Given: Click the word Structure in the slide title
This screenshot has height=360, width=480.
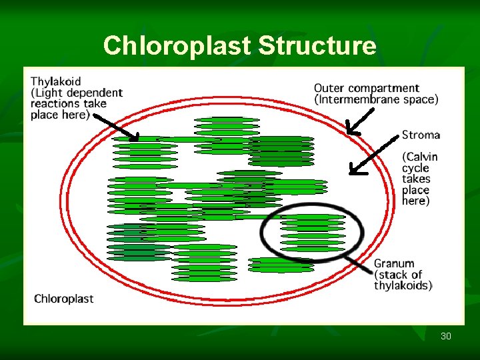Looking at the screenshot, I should tap(317, 46).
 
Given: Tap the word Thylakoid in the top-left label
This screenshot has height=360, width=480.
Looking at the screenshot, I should tap(56, 82).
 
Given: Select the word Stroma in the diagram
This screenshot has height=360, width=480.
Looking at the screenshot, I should tap(421, 135).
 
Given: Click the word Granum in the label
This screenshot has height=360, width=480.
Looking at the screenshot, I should tap(394, 263).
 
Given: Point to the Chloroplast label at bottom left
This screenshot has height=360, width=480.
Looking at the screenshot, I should tap(64, 299).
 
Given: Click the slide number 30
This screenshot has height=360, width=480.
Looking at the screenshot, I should tap(445, 336).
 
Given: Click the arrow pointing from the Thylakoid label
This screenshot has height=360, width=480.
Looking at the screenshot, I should tap(116, 127).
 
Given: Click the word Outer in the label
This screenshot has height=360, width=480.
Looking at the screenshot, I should tap(329, 88).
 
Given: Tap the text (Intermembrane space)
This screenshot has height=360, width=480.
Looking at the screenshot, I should tap(376, 99).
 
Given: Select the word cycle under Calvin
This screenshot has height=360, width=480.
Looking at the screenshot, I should tap(415, 168).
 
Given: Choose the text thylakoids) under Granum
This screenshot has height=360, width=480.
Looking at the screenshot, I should tap(402, 285).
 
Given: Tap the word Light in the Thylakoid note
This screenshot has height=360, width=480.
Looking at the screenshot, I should tap(49, 93).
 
